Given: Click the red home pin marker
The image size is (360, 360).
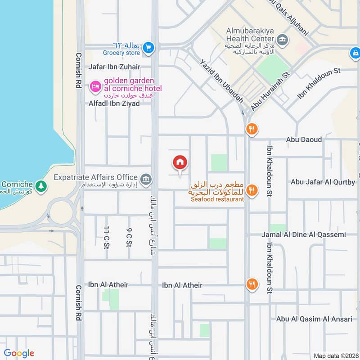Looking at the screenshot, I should tap(180, 163).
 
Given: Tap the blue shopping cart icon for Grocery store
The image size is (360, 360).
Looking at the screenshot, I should tap(149, 47).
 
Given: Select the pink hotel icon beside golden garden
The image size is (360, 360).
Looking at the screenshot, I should tap(95, 85).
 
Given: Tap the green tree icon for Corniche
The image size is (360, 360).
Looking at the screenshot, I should tap(41, 185).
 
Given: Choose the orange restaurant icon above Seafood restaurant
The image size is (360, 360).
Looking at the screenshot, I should tap(252, 190).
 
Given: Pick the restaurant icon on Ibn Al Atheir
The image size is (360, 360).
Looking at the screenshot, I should tap(252, 284).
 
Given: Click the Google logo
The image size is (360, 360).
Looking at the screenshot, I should tap(19, 353).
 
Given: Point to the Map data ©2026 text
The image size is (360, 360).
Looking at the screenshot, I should tap(335, 355).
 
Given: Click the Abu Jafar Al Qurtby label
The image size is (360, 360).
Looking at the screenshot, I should tap(323, 182).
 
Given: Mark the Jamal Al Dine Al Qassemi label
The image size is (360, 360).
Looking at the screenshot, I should tap(304, 234).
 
